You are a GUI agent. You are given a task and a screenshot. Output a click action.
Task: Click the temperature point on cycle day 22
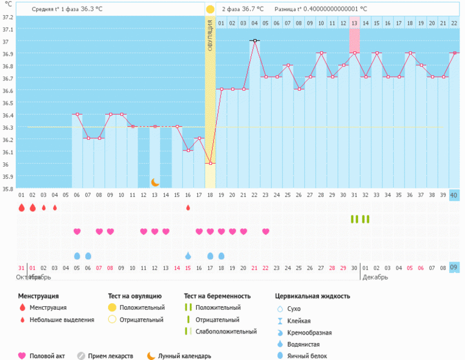[255, 40]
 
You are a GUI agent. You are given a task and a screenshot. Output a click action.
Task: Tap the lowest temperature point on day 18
[210, 164]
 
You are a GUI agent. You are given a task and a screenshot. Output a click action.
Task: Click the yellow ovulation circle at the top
[210, 9]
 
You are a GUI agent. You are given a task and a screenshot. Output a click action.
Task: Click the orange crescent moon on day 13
[155, 182]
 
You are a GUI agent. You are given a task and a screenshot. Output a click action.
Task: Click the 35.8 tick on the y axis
[7, 188]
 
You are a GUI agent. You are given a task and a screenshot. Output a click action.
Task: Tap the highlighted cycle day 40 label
[455, 195]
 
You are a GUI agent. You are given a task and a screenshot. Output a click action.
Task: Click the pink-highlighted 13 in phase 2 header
[354, 23]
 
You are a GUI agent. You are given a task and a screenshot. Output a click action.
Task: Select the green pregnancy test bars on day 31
[354, 219]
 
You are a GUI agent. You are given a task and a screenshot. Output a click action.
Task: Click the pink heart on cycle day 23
[266, 231]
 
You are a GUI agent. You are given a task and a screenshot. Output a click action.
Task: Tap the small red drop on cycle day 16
[188, 207]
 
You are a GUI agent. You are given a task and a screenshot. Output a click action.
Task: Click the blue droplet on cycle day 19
[221, 256]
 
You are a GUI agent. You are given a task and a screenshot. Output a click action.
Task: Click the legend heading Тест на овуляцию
[135, 296]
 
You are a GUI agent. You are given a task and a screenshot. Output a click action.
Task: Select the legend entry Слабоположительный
[226, 332]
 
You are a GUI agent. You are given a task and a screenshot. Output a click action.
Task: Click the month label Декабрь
[374, 277]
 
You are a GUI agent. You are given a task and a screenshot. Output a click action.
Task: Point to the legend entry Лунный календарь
[184, 356]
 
